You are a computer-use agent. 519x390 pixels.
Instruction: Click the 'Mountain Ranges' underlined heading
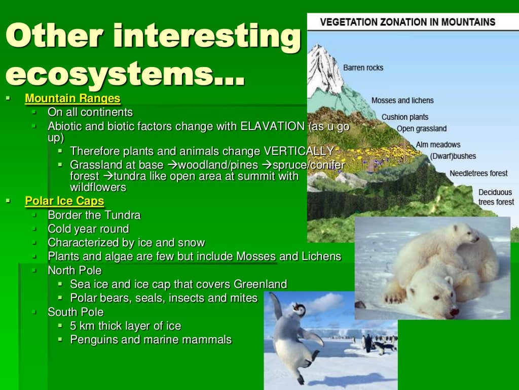[x=72, y=99]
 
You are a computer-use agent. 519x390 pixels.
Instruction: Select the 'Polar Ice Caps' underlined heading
[x=64, y=201]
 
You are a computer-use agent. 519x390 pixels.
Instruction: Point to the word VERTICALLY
[x=299, y=151]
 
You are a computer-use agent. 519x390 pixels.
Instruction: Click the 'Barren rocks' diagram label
[x=363, y=68]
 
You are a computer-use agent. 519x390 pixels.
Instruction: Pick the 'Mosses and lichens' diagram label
[x=402, y=101]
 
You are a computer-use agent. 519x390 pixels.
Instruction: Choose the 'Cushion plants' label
[x=404, y=117]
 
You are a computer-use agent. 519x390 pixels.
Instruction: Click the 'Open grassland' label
[x=421, y=129]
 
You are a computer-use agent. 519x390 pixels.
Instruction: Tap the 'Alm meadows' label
[x=438, y=145]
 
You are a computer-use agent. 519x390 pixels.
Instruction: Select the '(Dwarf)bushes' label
[x=453, y=156]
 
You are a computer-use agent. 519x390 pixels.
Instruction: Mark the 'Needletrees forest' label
[x=478, y=174]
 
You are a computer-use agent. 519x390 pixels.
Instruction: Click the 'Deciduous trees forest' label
[x=496, y=197]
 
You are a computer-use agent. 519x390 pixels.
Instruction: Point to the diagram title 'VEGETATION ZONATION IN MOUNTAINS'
[x=407, y=22]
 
